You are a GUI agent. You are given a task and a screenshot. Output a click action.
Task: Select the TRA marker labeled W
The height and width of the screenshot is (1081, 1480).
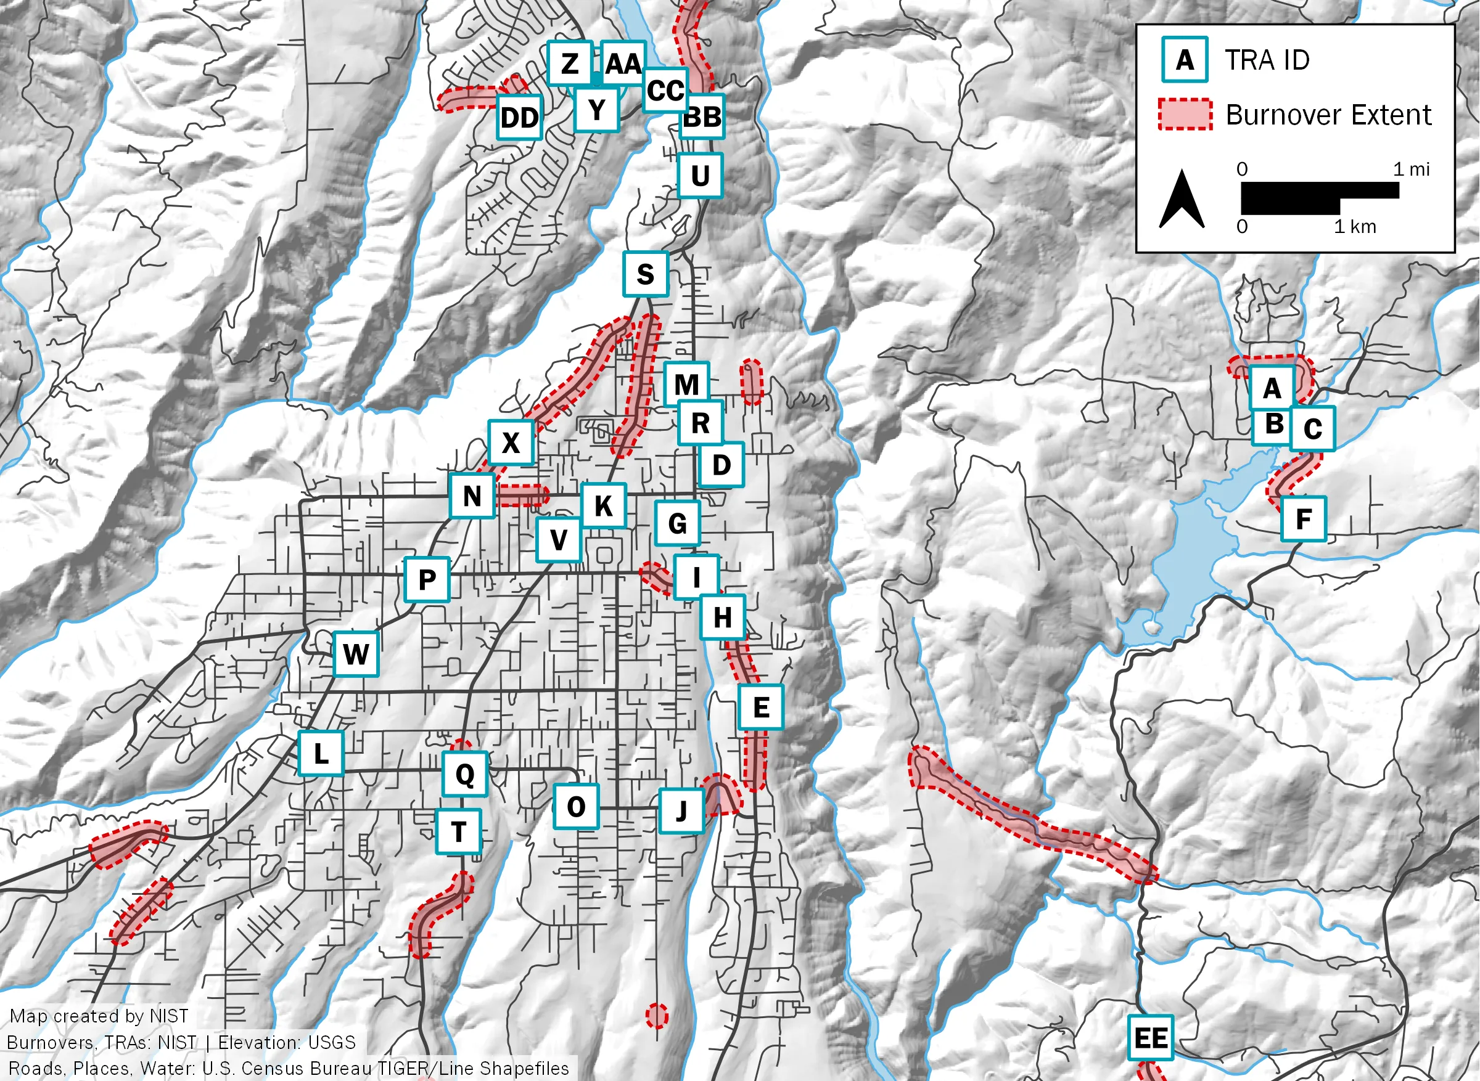coord(356,654)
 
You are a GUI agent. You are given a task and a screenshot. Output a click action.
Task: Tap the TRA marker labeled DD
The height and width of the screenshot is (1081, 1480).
coord(519,118)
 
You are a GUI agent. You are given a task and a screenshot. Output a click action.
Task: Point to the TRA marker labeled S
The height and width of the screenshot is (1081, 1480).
coord(646,274)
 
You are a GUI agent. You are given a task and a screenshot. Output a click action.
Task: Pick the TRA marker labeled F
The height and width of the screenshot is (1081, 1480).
coord(1303,519)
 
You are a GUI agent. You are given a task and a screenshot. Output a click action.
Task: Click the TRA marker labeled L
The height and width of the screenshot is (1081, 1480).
coord(321,753)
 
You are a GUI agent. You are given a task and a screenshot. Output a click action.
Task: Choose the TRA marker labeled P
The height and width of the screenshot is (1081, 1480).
coord(427,580)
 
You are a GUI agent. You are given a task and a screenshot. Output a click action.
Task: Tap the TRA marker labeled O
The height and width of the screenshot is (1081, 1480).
coord(576,807)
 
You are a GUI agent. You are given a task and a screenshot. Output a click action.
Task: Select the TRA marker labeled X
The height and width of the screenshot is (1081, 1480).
coord(511,443)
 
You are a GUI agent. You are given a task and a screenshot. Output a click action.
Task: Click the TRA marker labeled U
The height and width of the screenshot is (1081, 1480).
coord(700,176)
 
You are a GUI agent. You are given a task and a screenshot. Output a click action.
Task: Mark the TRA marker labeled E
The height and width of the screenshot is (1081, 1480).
coord(760,708)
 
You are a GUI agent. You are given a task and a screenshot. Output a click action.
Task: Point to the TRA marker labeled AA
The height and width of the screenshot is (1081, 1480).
coord(623,63)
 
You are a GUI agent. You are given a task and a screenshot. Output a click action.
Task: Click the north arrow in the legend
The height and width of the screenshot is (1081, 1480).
coord(1182,200)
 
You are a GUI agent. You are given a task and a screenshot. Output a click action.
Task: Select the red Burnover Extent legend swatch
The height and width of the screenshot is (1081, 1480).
coord(1185,115)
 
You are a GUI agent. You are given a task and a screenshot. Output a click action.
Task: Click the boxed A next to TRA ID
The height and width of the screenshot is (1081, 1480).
coord(1185,60)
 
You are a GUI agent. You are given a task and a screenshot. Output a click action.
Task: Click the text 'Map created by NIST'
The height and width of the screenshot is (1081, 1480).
coord(99,1016)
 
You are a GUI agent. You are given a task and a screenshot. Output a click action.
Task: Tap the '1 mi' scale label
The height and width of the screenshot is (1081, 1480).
coord(1412,169)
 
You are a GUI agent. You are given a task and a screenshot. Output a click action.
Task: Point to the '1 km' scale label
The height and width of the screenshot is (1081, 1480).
coord(1355,227)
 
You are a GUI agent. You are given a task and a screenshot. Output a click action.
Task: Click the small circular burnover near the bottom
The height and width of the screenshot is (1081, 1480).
coord(657,1016)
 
